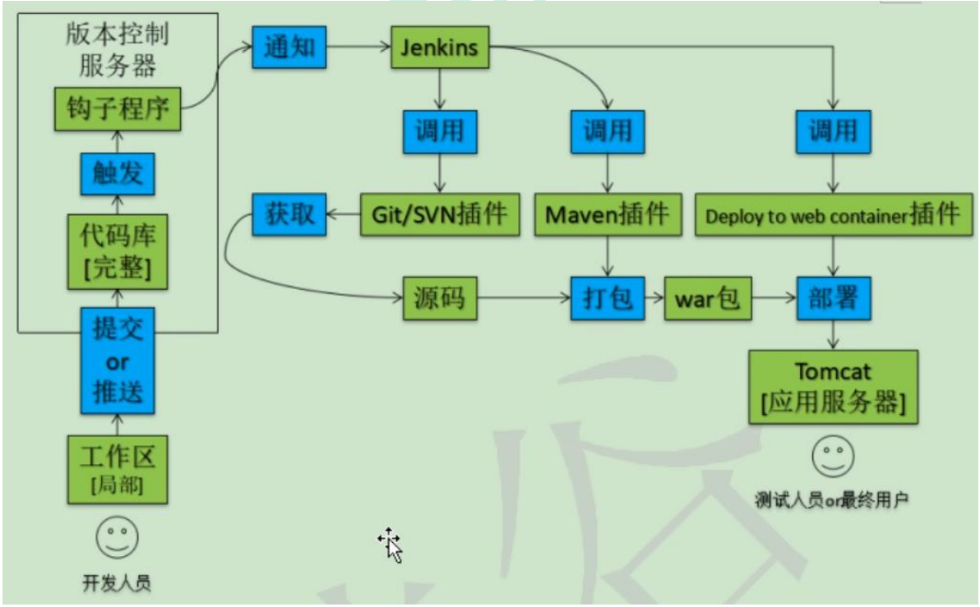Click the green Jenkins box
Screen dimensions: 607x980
click(439, 48)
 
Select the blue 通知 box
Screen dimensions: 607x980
click(288, 48)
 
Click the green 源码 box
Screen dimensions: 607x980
click(440, 297)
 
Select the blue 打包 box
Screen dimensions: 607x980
click(607, 297)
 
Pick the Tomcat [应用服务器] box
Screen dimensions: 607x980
click(833, 387)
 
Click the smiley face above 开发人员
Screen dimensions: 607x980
click(118, 537)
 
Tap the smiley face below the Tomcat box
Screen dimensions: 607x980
click(833, 457)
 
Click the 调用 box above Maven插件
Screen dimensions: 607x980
click(607, 131)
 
